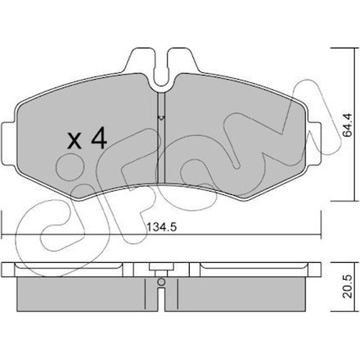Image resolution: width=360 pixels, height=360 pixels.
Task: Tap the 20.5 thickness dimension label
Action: click(x=347, y=287)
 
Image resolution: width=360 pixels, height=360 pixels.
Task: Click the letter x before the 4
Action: click(x=74, y=141)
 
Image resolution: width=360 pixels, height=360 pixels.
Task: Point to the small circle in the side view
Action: click(x=161, y=282)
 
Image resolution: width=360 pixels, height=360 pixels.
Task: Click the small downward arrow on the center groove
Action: click(x=161, y=118)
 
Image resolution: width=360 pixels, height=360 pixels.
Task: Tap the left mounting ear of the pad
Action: click(x=9, y=144)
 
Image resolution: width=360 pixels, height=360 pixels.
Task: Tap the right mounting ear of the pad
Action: click(x=314, y=144)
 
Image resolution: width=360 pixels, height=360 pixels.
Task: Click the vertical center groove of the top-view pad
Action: click(x=161, y=137)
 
